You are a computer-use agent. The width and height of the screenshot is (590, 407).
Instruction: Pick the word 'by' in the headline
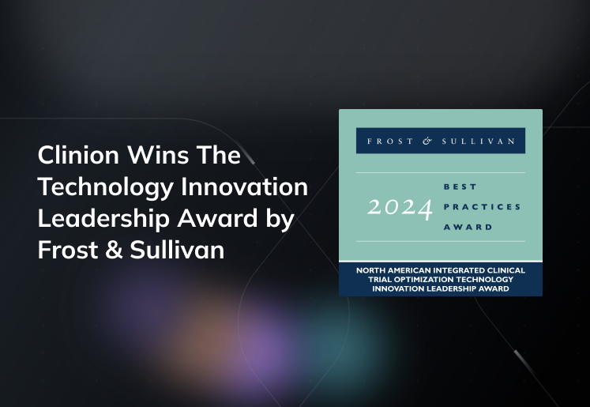click(280, 218)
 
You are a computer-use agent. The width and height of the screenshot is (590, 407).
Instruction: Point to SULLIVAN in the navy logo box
click(483, 141)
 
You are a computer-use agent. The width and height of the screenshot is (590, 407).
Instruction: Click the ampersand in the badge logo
click(427, 141)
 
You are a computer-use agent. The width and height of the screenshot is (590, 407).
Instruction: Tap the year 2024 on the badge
click(400, 208)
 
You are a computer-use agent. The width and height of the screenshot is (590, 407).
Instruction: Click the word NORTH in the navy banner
click(371, 272)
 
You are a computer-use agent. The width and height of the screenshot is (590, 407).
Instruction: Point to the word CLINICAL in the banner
click(512, 272)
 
